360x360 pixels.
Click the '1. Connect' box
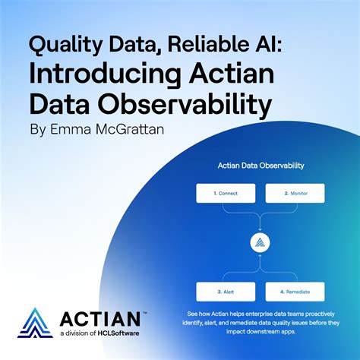tap(225, 193)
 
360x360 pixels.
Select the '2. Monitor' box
tap(295, 193)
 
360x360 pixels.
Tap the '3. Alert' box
tap(225, 291)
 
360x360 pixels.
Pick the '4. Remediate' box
tap(295, 291)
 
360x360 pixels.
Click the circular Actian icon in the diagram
tap(260, 243)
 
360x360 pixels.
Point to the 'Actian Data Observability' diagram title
tap(261, 163)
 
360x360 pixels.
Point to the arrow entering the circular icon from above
tap(260, 226)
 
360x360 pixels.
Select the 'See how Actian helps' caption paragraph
tap(261, 323)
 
